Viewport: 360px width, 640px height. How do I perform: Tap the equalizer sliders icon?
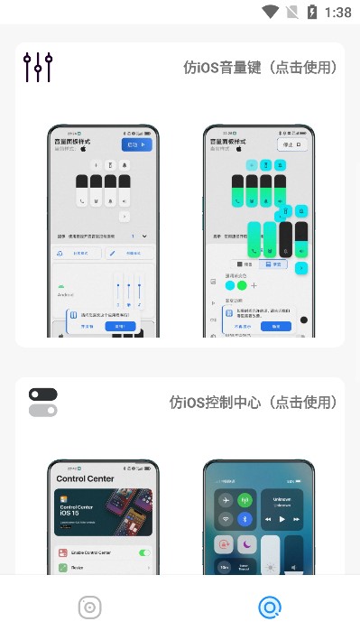point(39,68)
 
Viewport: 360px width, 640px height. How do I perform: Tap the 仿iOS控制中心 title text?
point(254,403)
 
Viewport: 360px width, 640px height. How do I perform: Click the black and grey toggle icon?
point(42,403)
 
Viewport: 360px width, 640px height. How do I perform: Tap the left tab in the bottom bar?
point(89,608)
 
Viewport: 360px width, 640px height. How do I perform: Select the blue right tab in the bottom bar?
point(269,608)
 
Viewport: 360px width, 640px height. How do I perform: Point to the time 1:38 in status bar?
point(337,13)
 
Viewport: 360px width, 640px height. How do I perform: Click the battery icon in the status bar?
point(312,13)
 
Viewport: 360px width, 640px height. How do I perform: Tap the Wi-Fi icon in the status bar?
point(271,13)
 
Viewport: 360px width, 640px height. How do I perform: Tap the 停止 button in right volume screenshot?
point(290,144)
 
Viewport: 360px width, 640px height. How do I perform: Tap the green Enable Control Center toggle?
point(143,552)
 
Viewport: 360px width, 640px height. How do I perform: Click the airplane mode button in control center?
point(222,500)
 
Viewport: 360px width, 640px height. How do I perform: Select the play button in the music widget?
point(282,520)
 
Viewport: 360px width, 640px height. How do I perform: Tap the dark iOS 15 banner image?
point(102,512)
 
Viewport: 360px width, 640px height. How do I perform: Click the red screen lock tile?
point(222,545)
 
